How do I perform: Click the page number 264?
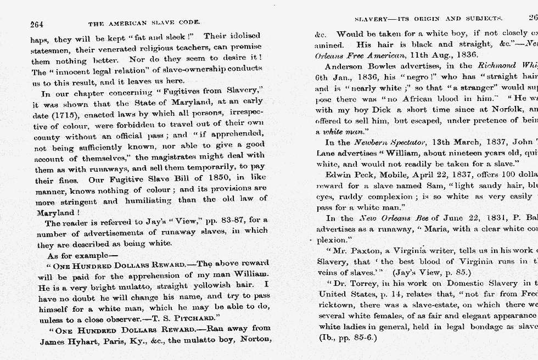click(37, 24)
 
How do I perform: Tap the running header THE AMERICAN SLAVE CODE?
click(144, 24)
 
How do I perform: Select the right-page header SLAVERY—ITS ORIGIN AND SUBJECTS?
click(428, 18)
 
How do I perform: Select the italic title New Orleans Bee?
click(388, 218)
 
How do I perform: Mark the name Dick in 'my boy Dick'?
click(379, 110)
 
